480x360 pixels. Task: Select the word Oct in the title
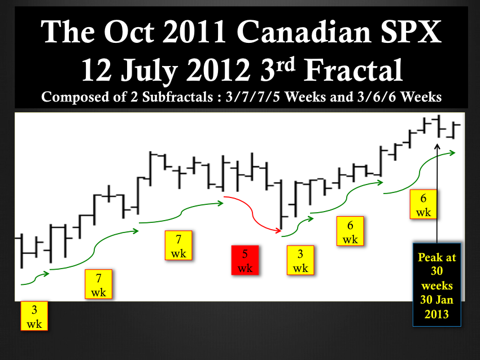(129, 32)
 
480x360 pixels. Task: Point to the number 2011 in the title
(194, 32)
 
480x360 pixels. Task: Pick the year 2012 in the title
(219, 71)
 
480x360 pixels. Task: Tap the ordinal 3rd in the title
(278, 69)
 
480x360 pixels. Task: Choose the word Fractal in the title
(353, 71)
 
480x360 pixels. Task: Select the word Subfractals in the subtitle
(177, 97)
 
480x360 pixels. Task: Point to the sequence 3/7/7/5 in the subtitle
(253, 97)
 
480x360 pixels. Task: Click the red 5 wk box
(245, 260)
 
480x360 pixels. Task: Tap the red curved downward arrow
(252, 213)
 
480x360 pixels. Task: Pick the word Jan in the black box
(444, 300)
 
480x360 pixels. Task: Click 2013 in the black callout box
(437, 314)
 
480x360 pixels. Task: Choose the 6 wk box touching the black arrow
(424, 204)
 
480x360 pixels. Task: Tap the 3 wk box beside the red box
(300, 260)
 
